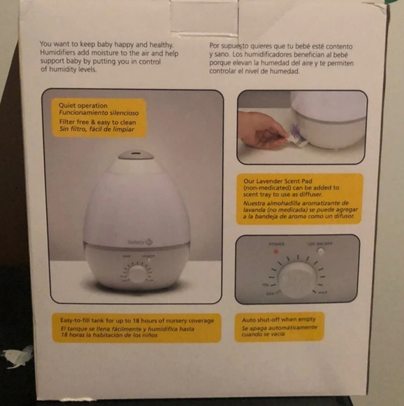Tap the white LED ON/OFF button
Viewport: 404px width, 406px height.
point(320,251)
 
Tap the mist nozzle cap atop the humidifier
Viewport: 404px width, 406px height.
point(135,155)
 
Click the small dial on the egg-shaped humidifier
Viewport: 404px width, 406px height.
point(137,273)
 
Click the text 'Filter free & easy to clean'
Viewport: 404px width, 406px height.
point(97,122)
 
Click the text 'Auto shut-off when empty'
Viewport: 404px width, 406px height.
point(278,318)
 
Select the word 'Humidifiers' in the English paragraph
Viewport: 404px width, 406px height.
point(60,52)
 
